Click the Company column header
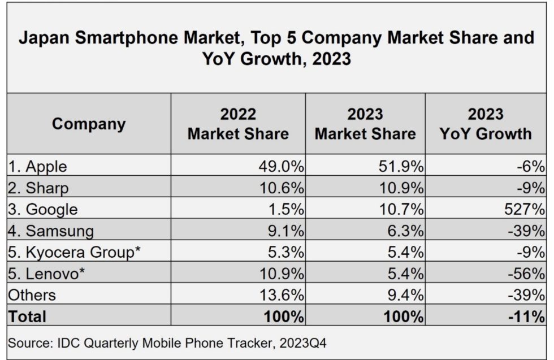(89, 124)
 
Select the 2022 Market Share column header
(238, 124)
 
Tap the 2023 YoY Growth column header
(486, 124)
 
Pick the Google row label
(43, 210)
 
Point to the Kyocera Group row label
(74, 253)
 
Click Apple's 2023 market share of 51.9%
(400, 167)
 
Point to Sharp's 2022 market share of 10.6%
(281, 188)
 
